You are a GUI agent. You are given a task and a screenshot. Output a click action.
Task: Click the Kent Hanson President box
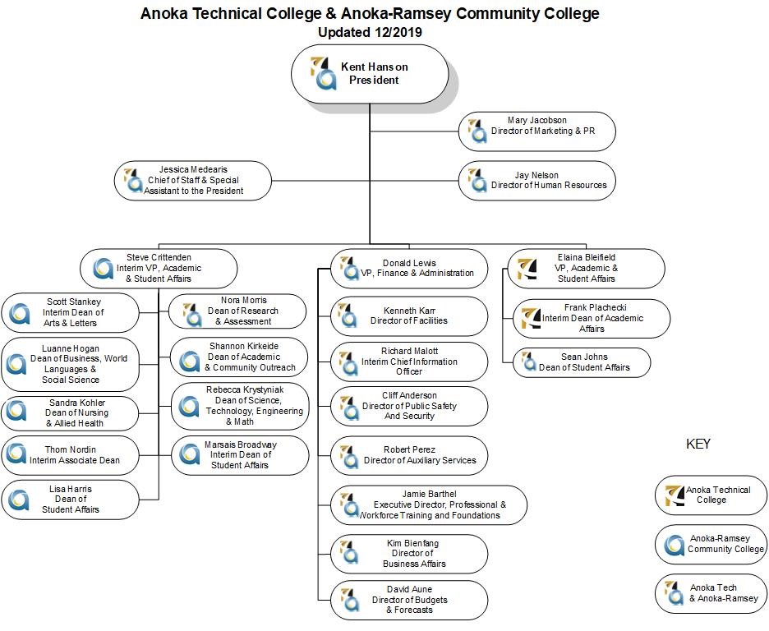370,74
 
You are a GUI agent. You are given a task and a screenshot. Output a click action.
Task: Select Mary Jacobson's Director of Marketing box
537,131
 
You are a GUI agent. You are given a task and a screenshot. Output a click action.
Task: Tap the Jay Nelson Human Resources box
537,181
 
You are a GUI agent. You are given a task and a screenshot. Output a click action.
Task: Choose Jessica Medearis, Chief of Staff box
193,181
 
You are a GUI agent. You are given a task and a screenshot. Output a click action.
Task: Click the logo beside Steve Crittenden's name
103,269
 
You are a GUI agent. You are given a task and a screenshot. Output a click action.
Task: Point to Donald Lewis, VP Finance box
409,269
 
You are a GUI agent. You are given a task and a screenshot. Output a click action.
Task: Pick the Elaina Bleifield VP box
586,269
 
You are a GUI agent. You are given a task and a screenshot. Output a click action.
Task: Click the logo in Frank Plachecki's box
530,318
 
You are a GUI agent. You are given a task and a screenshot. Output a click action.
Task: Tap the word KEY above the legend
698,444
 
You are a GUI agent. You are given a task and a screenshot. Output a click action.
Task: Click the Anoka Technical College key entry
711,495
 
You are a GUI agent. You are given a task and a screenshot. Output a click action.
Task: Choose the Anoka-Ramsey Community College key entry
711,545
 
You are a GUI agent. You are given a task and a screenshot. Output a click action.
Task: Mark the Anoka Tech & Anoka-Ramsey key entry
711,593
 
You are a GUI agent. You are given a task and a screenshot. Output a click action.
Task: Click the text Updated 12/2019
370,32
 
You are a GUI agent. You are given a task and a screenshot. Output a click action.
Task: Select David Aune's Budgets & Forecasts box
409,601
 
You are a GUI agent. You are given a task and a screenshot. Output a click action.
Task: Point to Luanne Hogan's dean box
70,364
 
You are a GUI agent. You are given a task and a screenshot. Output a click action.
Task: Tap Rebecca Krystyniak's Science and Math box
240,405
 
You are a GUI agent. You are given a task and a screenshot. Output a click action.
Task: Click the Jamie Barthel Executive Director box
429,505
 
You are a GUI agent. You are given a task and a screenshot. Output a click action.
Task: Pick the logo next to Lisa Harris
16,499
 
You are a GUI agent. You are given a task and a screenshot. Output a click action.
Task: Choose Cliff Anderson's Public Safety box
409,406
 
